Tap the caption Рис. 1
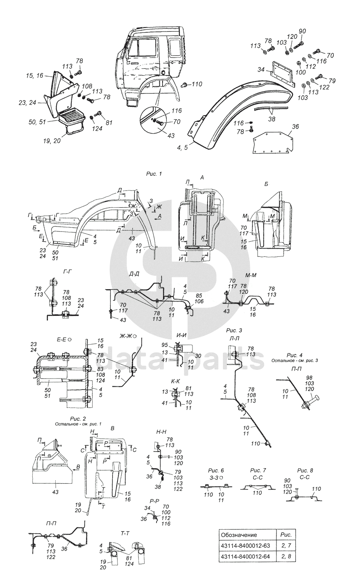[x=154, y=174]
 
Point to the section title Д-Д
[x=134, y=274]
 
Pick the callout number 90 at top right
[x=302, y=31]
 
